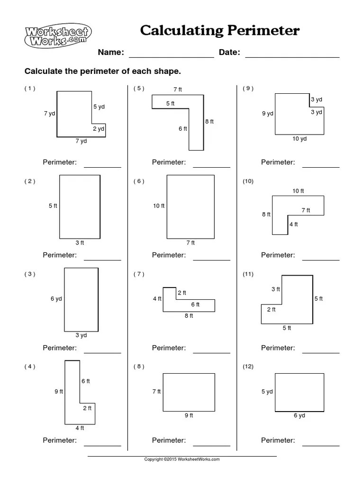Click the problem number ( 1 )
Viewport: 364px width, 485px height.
30,88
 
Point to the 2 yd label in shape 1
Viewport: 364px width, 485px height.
98,129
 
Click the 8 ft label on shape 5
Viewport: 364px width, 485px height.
209,122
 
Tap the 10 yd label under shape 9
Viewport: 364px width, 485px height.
300,139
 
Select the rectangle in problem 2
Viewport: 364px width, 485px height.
80,207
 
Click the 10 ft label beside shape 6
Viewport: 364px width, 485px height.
158,206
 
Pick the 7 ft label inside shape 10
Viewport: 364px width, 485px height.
306,210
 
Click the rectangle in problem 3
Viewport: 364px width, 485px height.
81,299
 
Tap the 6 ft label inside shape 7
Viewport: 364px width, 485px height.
195,305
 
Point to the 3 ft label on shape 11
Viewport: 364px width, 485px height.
275,289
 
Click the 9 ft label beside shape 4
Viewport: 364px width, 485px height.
58,392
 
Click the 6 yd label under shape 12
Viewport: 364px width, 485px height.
299,416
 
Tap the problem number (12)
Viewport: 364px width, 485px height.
248,367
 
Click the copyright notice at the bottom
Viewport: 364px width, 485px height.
182,459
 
